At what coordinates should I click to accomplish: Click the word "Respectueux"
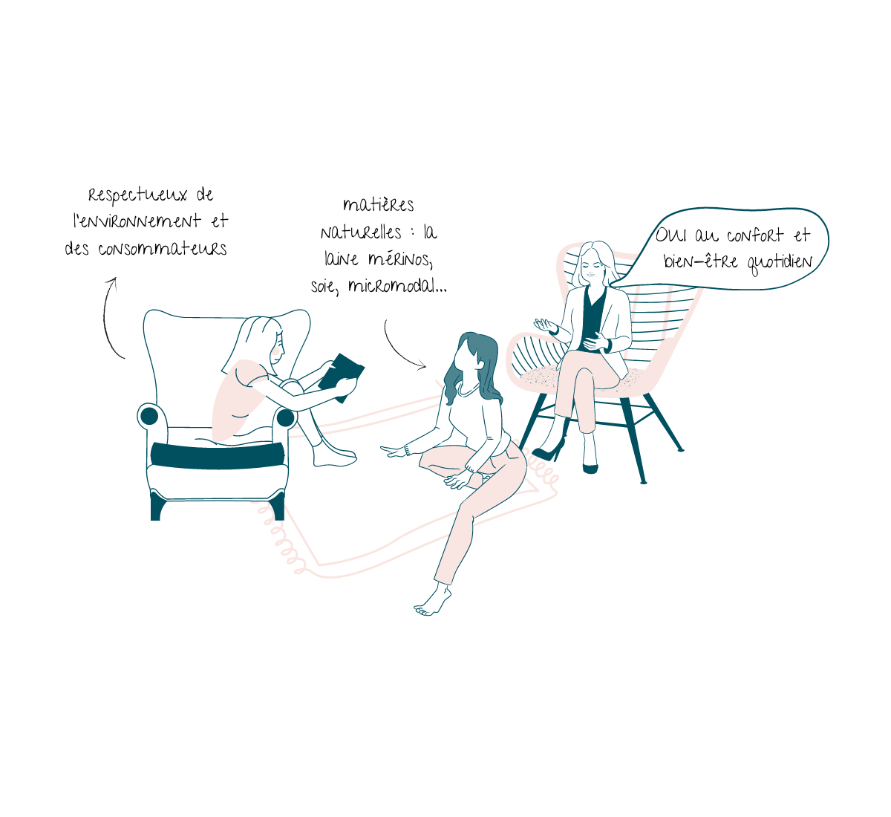coord(137,195)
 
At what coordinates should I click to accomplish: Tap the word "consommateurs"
coord(163,249)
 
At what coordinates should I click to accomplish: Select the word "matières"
coord(379,205)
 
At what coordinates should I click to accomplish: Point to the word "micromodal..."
coord(397,285)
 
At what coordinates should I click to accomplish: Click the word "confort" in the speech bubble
coord(755,235)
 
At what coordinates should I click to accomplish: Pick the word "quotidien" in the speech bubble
coord(780,264)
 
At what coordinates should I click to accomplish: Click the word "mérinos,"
coord(400,260)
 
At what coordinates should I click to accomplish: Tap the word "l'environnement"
coord(137,221)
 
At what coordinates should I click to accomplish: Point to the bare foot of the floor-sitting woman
coord(432,602)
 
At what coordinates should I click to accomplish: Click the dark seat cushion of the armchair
coord(218,455)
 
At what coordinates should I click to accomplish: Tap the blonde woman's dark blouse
coord(591,318)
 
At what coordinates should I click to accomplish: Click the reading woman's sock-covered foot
coord(333,456)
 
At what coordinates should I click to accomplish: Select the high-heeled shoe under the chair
coord(549,450)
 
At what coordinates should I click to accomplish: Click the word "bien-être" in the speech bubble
coord(700,261)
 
